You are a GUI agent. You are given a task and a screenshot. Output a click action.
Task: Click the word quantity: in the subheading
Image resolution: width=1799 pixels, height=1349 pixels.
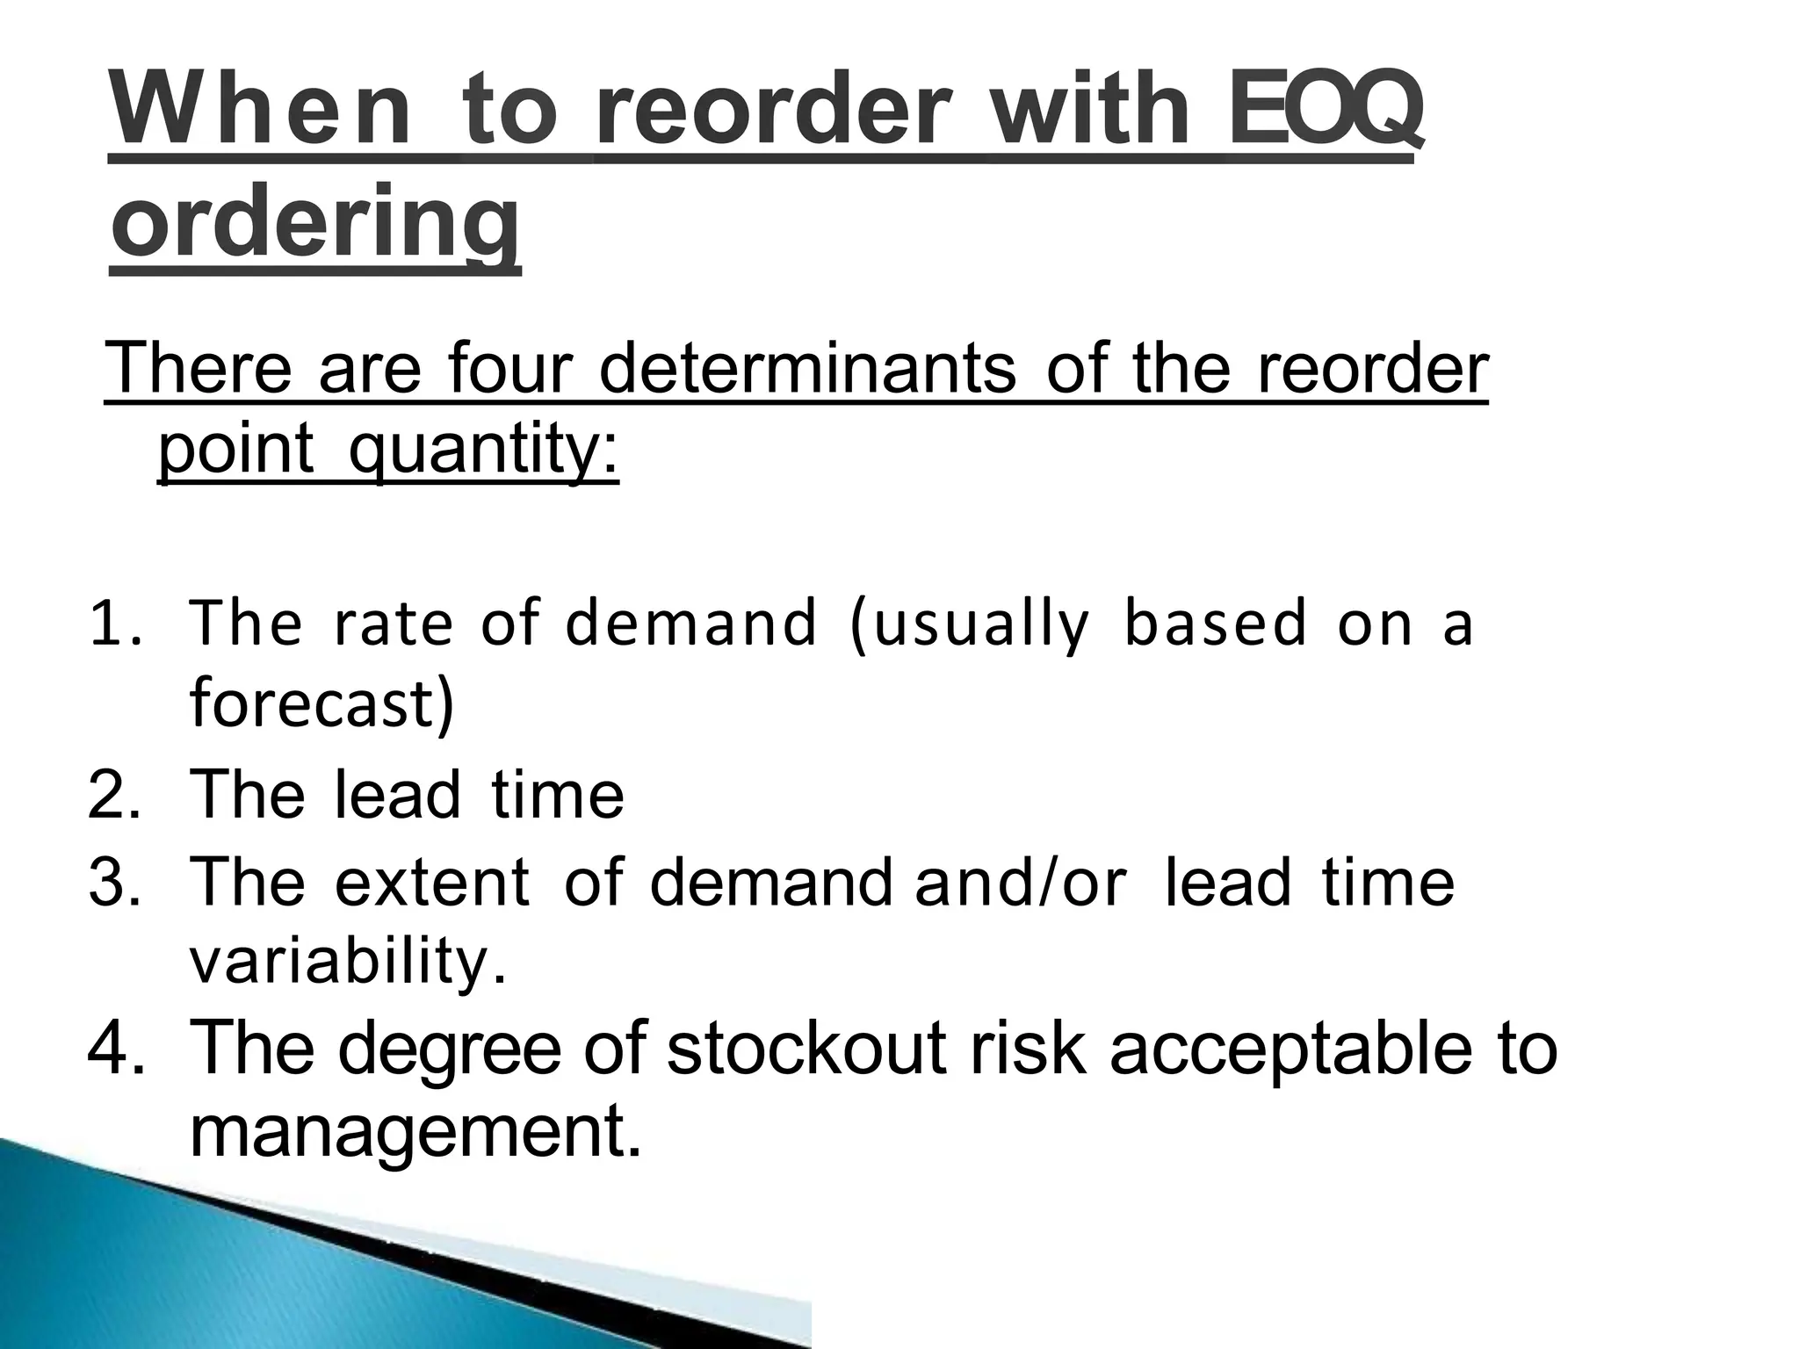(x=483, y=450)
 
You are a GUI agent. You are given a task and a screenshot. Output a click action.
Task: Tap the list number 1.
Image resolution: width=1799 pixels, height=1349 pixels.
(x=114, y=624)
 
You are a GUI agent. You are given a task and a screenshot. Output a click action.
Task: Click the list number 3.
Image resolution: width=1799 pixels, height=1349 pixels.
(x=114, y=882)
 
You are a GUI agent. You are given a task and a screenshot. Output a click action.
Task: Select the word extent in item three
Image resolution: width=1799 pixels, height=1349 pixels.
(x=433, y=882)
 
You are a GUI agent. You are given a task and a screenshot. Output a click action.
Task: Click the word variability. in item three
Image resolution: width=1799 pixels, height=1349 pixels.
(x=349, y=961)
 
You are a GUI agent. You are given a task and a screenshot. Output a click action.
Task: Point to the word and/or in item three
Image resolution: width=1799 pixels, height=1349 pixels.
(x=1020, y=882)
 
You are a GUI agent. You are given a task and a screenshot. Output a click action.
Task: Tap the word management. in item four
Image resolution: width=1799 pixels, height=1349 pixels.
(x=415, y=1133)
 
